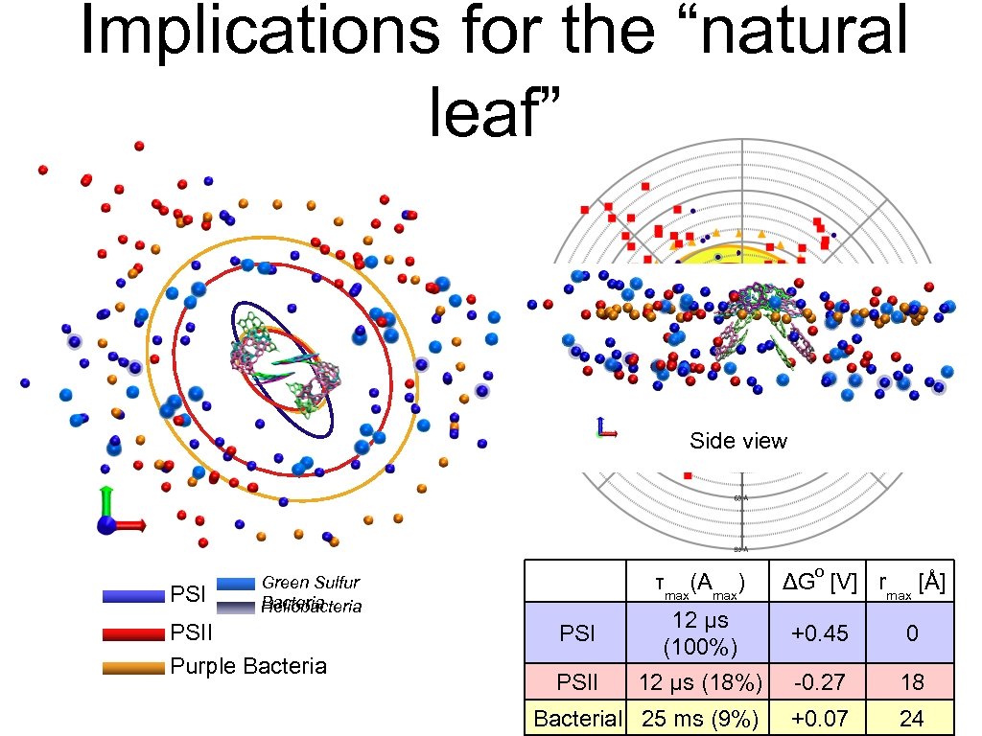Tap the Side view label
[737, 441]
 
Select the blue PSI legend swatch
[133, 596]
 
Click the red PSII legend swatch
[133, 633]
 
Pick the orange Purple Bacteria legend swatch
[133, 668]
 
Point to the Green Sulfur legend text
[311, 583]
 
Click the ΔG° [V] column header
[819, 582]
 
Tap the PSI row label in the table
[575, 632]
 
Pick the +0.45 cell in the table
[821, 632]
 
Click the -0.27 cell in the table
[821, 681]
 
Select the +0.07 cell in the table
[821, 718]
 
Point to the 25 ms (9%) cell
[699, 718]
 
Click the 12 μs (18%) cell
[699, 681]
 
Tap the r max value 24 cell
[911, 718]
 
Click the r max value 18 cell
[911, 681]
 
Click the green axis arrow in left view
[106, 499]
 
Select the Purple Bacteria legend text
[247, 666]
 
